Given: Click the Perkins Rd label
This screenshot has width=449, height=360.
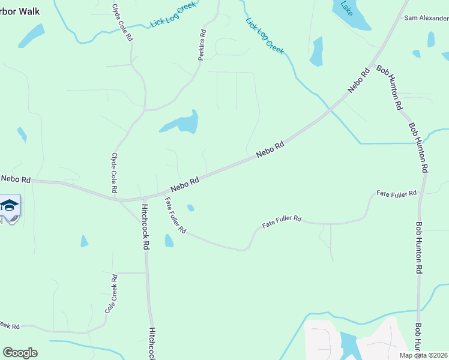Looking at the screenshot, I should [202, 46].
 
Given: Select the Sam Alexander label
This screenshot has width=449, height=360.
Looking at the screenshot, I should [426, 18].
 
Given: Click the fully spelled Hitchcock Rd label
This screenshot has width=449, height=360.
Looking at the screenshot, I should [145, 227].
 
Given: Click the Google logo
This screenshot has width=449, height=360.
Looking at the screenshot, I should [20, 353].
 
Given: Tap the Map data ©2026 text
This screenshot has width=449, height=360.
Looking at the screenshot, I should [423, 355].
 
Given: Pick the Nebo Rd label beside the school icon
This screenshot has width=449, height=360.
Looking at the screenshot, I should [16, 179].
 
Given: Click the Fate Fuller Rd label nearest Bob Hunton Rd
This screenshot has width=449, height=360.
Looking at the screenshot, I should [396, 194].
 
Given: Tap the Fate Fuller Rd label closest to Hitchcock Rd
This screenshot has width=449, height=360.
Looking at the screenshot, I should [176, 216].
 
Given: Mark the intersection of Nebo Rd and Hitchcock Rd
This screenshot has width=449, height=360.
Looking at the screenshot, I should [144, 198].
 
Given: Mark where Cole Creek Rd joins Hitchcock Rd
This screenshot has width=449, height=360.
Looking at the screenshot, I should [146, 273].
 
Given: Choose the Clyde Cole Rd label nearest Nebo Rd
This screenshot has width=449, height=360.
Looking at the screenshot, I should [113, 172].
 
